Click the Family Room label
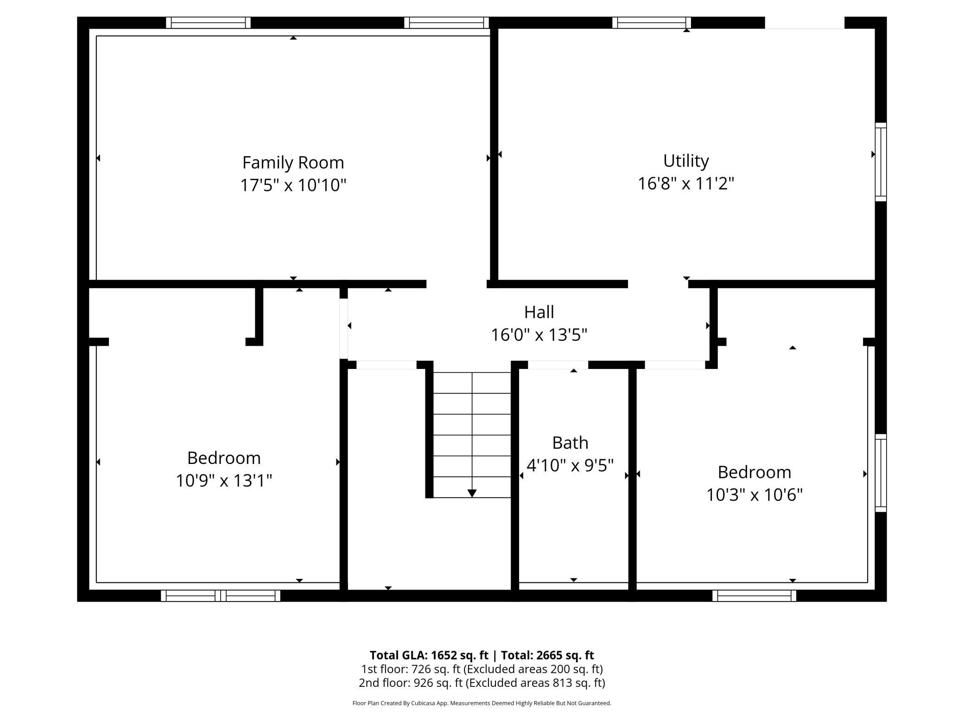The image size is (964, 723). (x=293, y=163)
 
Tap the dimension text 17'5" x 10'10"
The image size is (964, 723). (x=293, y=185)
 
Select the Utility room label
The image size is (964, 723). (x=686, y=161)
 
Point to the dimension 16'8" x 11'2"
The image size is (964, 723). (x=686, y=184)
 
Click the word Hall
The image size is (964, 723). (x=539, y=312)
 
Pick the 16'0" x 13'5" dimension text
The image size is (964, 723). (x=539, y=335)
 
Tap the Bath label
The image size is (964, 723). (x=570, y=443)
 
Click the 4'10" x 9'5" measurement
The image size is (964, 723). (x=570, y=465)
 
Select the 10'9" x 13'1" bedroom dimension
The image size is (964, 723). (x=224, y=481)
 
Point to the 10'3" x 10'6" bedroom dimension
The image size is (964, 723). (x=755, y=495)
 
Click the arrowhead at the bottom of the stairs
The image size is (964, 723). (x=472, y=494)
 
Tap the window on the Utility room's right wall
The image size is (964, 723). (x=881, y=162)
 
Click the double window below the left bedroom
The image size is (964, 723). (x=221, y=596)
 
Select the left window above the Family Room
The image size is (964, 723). (x=209, y=23)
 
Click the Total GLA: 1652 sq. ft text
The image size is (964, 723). (x=429, y=655)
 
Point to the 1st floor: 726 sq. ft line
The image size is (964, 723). (x=482, y=669)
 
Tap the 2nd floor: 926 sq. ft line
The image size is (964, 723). (x=482, y=683)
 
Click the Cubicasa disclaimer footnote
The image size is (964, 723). (x=482, y=703)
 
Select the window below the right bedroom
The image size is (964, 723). (x=755, y=596)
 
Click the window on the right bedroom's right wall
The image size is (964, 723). (x=881, y=473)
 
